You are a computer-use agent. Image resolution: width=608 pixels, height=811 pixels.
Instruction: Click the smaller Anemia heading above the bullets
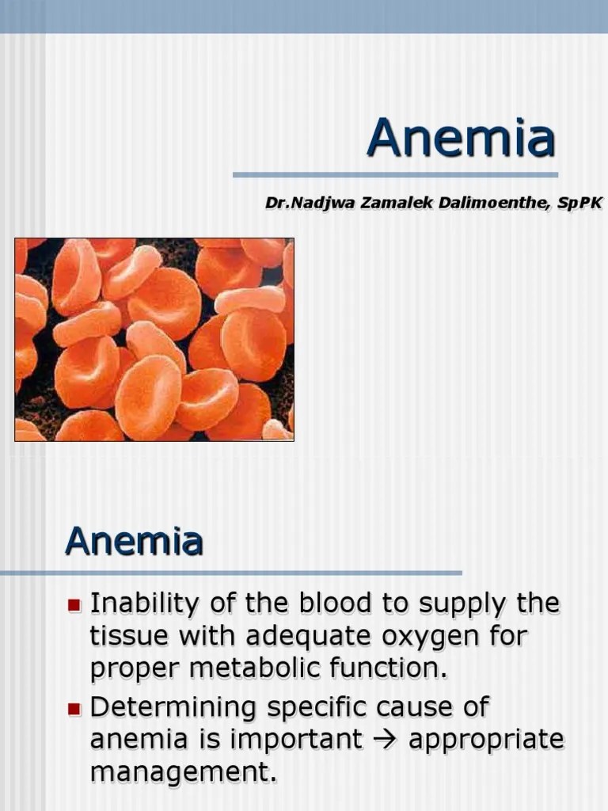click(135, 542)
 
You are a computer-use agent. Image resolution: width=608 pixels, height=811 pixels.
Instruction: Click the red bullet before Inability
click(74, 606)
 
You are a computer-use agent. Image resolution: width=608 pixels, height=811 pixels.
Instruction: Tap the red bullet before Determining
click(74, 709)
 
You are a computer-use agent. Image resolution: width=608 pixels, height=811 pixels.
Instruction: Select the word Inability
click(145, 604)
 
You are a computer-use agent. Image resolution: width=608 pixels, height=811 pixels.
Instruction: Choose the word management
click(184, 771)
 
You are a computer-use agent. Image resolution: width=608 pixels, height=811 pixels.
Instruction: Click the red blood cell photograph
click(154, 340)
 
